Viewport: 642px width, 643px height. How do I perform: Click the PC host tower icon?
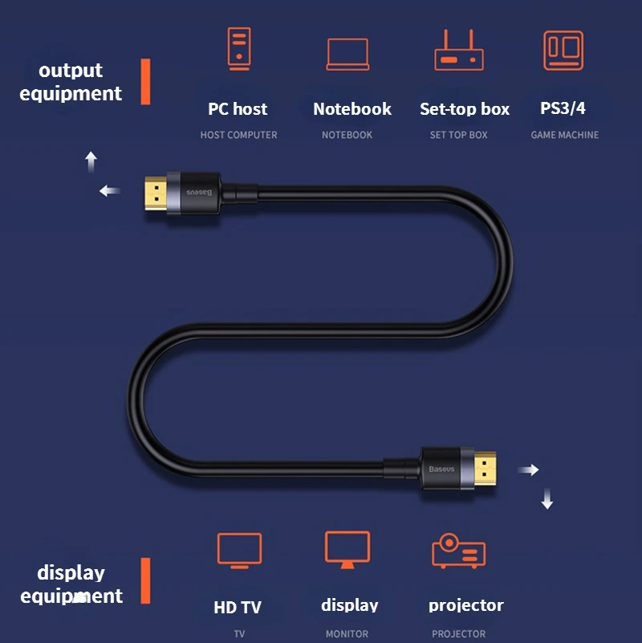tap(239, 49)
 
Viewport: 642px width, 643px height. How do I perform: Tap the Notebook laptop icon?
tap(347, 55)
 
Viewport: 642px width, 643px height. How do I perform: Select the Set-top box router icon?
tap(459, 50)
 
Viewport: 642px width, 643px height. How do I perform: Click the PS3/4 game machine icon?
tap(563, 51)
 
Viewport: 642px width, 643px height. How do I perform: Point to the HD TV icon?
tap(239, 551)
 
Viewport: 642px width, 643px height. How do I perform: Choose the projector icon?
tap(458, 551)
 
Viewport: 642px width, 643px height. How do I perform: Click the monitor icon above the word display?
tap(347, 550)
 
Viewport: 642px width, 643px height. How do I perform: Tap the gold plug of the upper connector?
tap(156, 193)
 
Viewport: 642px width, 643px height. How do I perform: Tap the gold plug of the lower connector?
tap(485, 469)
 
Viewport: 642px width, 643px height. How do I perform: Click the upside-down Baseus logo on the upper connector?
tap(200, 193)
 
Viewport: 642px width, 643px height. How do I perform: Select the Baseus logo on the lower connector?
tap(441, 469)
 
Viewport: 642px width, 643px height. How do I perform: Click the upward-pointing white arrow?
tap(91, 161)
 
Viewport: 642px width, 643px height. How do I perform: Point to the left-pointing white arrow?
tap(110, 191)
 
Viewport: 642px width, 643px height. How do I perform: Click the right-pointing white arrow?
tap(528, 470)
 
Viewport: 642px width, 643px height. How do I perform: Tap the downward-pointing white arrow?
tap(547, 499)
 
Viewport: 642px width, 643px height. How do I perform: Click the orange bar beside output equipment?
tap(145, 82)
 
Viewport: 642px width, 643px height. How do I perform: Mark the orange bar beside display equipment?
tap(145, 580)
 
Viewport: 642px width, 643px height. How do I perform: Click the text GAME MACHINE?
tap(564, 135)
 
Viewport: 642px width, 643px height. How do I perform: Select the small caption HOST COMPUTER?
tap(238, 135)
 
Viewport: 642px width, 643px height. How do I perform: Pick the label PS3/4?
tap(563, 108)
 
